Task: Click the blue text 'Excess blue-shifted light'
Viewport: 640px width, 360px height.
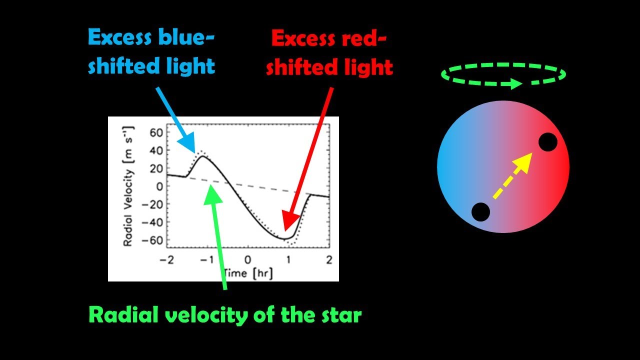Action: pos(151,52)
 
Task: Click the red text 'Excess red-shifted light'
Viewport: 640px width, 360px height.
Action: pos(329,53)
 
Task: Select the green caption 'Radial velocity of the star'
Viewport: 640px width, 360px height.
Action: pos(224,315)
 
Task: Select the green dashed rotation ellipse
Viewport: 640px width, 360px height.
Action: pos(503,75)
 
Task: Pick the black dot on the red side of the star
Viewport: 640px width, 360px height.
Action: pos(547,142)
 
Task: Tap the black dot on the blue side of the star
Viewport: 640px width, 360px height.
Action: pos(480,212)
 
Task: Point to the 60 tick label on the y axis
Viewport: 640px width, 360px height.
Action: pos(156,132)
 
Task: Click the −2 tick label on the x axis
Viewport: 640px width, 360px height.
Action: pos(163,259)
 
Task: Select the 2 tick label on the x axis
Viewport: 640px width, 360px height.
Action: pos(329,259)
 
